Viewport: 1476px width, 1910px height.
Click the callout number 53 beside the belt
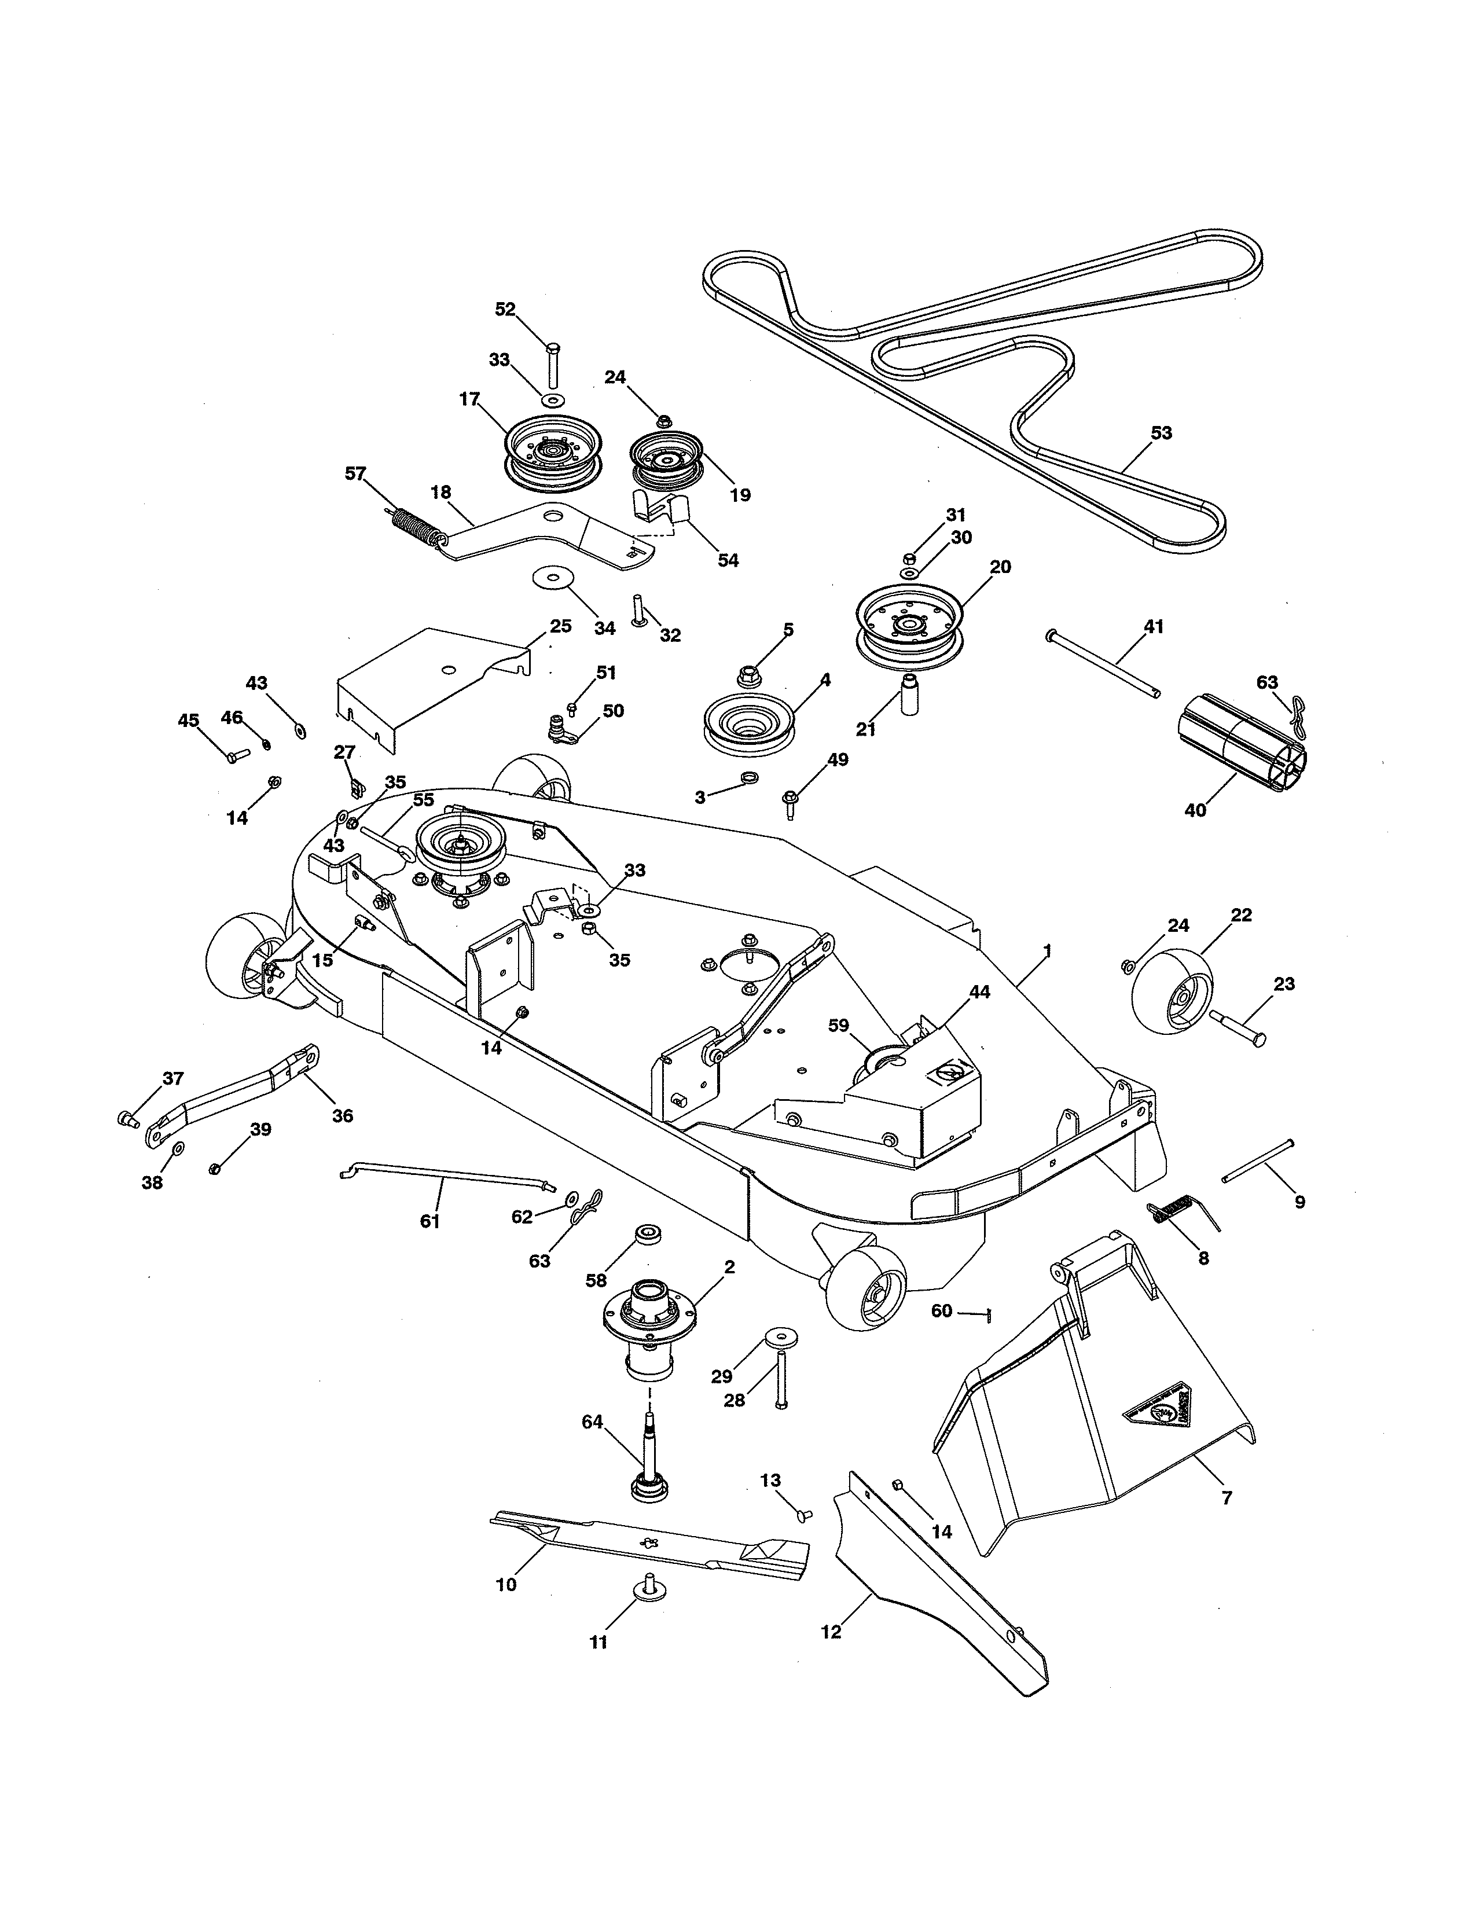pyautogui.click(x=1161, y=433)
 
